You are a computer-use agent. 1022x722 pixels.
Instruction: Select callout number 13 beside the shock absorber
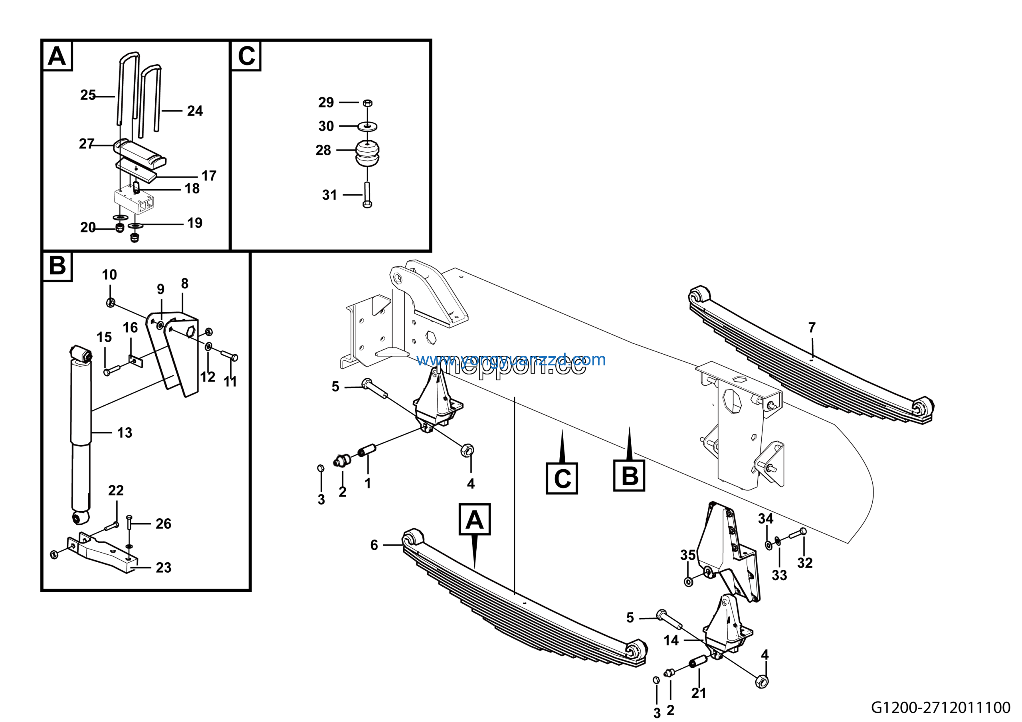125,432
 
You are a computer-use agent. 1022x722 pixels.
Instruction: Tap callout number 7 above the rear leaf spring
812,327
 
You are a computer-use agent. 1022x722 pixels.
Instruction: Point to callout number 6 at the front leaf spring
374,545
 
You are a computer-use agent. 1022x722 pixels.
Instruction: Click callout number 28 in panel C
323,151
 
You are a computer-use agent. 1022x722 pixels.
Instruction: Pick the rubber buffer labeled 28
367,154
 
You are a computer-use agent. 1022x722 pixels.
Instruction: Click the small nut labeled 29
368,103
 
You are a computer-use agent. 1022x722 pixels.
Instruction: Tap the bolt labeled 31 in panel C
367,195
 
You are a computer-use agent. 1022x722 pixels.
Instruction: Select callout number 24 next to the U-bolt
195,111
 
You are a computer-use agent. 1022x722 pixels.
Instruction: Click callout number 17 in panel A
209,176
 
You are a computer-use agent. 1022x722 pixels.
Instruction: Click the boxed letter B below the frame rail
629,476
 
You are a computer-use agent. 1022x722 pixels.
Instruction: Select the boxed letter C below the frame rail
562,479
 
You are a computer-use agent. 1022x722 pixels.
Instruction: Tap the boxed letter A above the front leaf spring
475,520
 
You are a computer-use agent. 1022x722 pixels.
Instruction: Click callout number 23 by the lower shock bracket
163,567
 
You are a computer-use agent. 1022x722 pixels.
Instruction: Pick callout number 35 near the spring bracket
688,555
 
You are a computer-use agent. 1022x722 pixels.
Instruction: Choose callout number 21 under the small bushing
698,693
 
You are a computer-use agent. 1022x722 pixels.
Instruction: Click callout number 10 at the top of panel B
109,275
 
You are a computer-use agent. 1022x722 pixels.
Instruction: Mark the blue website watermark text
511,360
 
